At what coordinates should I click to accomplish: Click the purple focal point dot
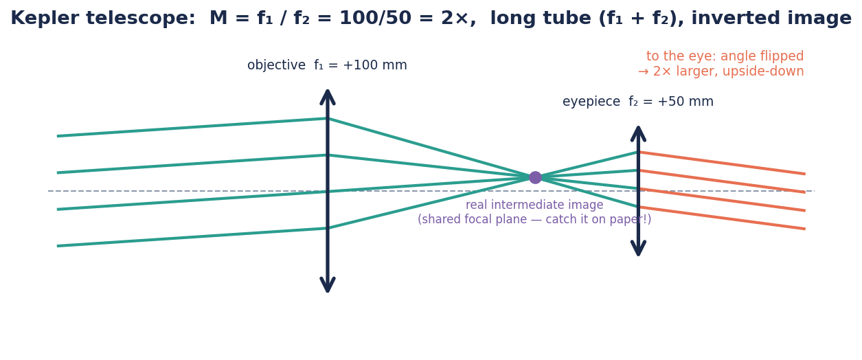point(535,177)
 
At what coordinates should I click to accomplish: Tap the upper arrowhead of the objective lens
point(328,97)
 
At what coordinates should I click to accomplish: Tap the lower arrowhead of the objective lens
point(328,285)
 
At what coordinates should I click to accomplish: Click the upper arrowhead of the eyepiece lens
point(638,133)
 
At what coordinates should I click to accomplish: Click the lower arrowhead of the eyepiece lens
point(638,248)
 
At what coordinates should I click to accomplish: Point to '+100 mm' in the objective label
point(375,65)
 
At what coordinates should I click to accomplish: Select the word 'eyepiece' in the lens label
point(591,102)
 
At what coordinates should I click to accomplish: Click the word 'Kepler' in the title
point(45,18)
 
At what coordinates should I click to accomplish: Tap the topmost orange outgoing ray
point(722,164)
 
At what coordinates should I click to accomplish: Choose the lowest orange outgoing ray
point(722,218)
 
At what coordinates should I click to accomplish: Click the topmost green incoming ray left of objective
point(192,127)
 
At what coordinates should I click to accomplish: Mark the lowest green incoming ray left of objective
point(192,237)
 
